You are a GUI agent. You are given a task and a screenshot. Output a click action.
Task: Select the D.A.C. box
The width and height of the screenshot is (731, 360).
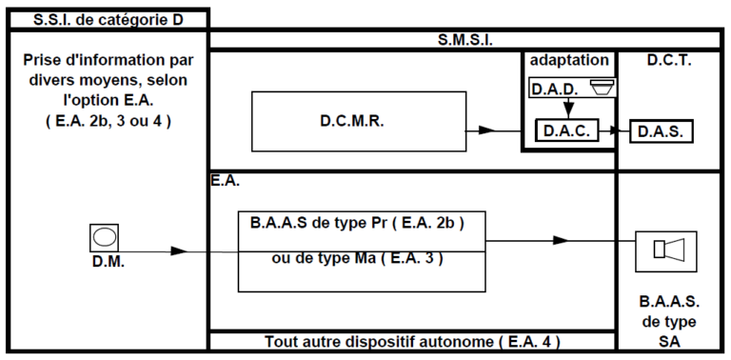pos(568,131)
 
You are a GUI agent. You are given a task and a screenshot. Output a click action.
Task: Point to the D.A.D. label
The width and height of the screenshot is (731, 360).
pos(554,89)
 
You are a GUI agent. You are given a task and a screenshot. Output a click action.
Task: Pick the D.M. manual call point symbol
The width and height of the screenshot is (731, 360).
pos(104,235)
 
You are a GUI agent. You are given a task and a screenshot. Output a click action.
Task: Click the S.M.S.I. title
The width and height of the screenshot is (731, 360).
pos(464,39)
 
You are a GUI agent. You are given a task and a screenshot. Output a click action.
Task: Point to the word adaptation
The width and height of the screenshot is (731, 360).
pos(568,60)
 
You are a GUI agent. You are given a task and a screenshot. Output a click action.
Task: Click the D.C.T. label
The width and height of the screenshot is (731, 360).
pos(669,60)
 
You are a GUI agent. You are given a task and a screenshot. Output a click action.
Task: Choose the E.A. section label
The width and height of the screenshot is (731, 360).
pos(226,179)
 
